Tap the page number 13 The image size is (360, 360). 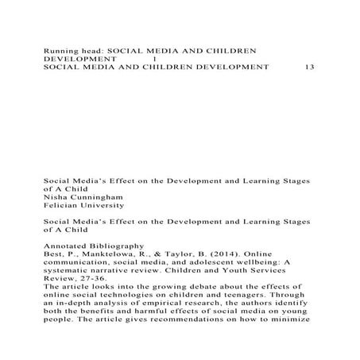tap(310, 68)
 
